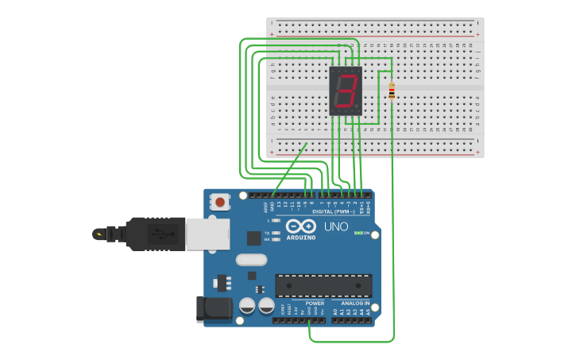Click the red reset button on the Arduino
point(219,203)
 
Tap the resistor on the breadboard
point(391,91)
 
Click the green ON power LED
point(358,233)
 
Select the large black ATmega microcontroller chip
point(323,286)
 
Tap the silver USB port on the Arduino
point(207,234)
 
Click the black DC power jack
point(213,309)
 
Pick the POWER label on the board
point(315,303)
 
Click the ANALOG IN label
point(354,303)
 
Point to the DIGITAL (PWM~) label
point(334,212)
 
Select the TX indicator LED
point(276,233)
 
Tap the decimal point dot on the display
point(358,107)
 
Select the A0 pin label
point(335,312)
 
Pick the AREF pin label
point(265,207)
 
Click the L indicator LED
point(276,220)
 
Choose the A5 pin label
point(368,312)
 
